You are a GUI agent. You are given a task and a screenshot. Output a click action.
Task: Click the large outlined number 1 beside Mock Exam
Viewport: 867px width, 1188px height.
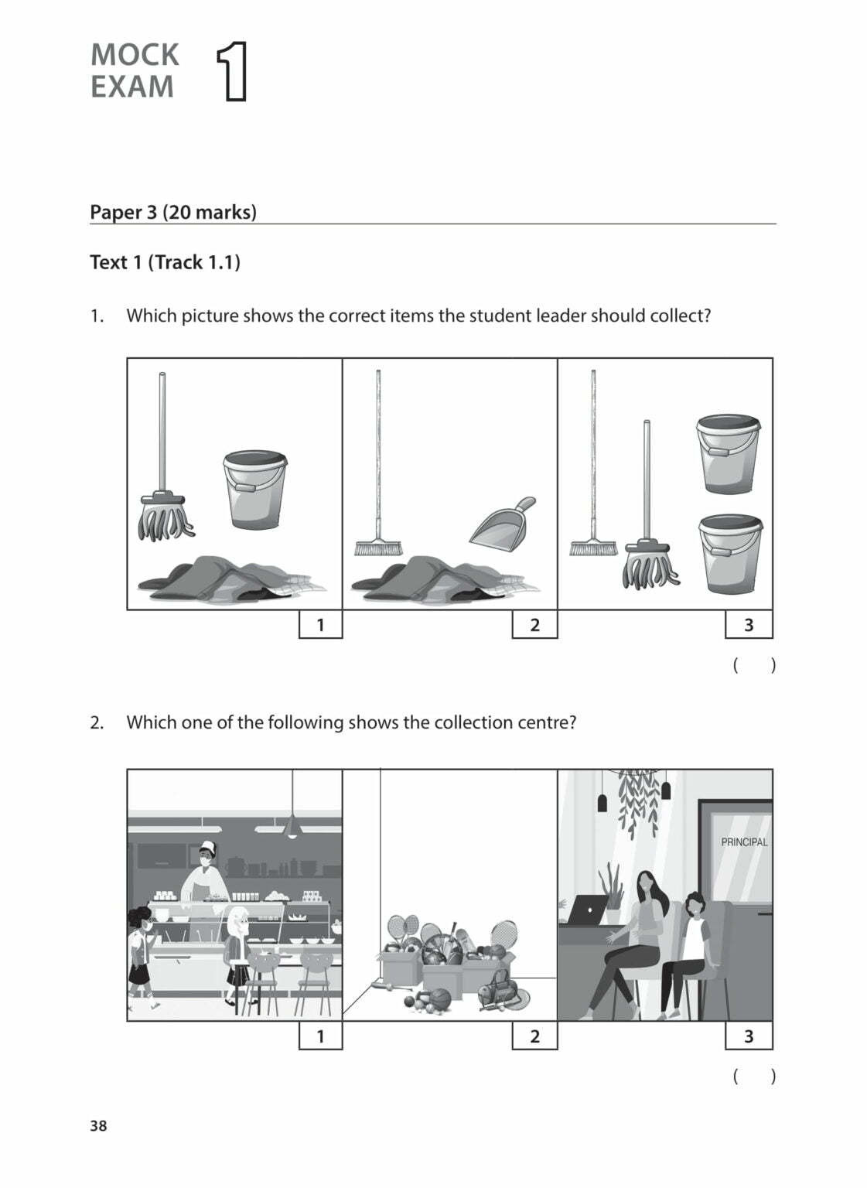[232, 72]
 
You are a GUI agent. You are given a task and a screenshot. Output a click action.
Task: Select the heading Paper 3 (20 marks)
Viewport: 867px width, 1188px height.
[173, 212]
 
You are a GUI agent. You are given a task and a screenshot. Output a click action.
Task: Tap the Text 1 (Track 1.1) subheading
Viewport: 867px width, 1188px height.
[165, 262]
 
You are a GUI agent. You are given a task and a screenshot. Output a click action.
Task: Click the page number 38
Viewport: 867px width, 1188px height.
[98, 1126]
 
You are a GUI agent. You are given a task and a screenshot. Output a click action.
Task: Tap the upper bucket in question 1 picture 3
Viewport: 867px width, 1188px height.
[728, 454]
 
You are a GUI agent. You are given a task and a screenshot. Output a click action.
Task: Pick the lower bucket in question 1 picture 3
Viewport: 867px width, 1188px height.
[729, 554]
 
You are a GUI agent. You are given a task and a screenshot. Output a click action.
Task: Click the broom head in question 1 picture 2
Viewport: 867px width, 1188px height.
[378, 548]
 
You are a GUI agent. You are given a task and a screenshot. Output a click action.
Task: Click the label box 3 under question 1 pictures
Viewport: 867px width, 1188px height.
[748, 625]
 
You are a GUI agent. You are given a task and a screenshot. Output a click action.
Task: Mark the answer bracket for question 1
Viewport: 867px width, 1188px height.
[753, 665]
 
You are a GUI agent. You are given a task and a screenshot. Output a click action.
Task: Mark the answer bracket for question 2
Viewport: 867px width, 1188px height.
[753, 1076]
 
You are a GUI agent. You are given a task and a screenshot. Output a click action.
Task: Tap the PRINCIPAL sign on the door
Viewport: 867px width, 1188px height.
[743, 842]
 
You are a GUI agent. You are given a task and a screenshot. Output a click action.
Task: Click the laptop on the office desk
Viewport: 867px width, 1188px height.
[587, 911]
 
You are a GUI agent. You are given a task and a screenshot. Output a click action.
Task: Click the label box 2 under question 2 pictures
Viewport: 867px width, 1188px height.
[534, 1036]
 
